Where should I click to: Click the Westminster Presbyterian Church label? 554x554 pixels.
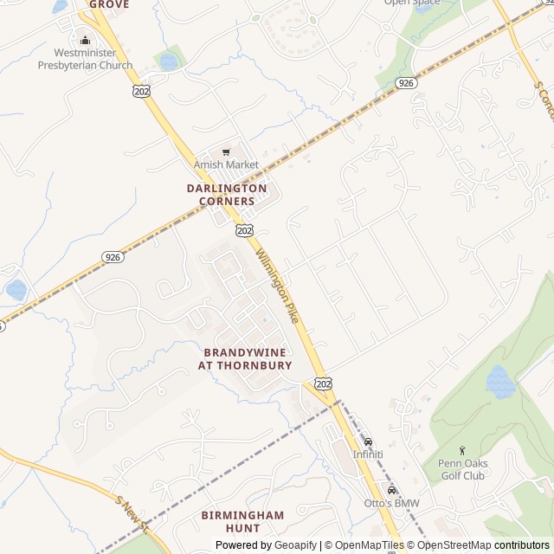(86, 59)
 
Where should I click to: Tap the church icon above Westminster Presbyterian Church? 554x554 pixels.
(85, 40)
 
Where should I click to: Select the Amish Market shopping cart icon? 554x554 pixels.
(227, 151)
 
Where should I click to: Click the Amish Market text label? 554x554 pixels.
(226, 164)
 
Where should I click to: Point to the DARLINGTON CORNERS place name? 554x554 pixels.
(227, 194)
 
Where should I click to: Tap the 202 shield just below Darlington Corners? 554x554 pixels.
(244, 229)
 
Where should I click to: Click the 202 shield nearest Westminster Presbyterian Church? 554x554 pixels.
(140, 89)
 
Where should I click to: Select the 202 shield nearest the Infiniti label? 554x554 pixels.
(324, 383)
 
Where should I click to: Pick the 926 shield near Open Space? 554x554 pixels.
(406, 82)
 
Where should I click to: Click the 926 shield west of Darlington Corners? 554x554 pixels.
(113, 257)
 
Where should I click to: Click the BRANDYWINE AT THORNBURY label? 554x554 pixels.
(245, 359)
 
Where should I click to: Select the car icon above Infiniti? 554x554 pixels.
(368, 441)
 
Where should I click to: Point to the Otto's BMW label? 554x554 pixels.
(391, 504)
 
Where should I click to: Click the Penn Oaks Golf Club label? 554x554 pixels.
(462, 469)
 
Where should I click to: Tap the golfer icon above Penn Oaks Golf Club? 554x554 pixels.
(462, 450)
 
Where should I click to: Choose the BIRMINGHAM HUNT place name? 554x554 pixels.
(242, 521)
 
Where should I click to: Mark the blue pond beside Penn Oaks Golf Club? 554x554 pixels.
(499, 381)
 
